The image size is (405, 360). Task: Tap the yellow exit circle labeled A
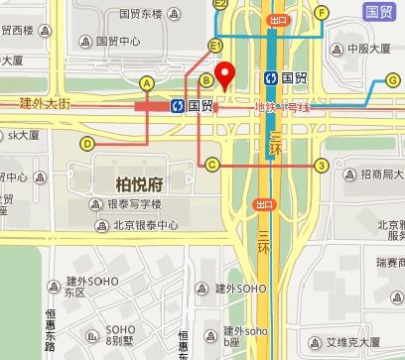click(148, 82)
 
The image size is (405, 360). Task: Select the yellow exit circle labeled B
click(205, 79)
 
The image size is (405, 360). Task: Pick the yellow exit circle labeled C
click(212, 165)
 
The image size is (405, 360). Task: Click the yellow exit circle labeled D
click(87, 144)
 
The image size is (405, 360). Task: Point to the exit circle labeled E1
click(214, 47)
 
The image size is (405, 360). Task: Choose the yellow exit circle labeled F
click(321, 12)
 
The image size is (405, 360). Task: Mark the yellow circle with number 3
click(321, 165)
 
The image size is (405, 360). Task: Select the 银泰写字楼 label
click(133, 204)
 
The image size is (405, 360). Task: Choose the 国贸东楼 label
click(140, 15)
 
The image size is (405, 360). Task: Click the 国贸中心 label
click(115, 42)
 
